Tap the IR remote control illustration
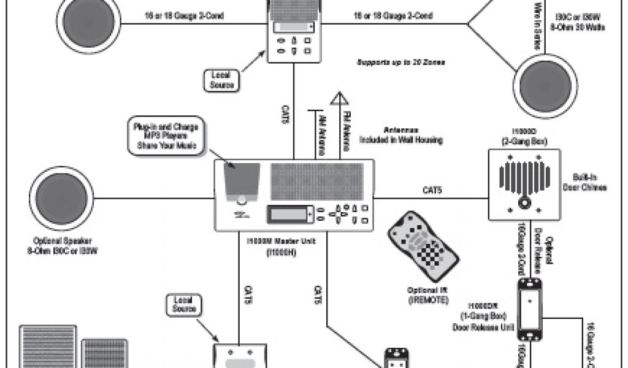[423, 248]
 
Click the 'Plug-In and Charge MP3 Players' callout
[165, 135]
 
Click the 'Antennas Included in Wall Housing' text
[401, 135]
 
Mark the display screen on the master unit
[288, 215]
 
